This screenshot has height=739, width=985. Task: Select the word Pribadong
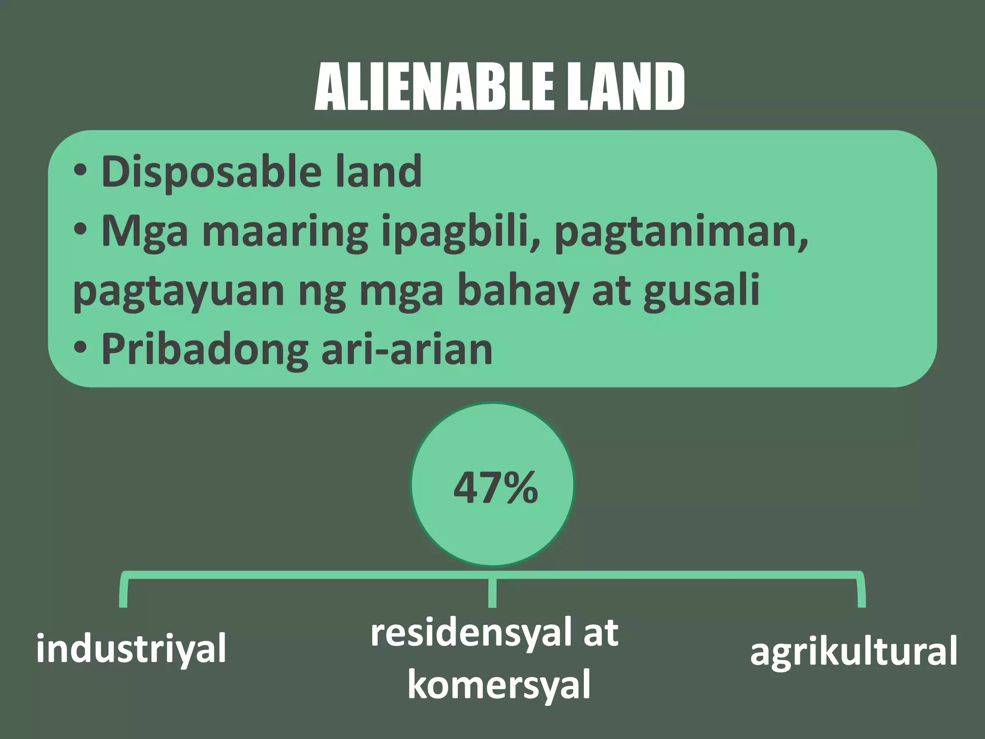pyautogui.click(x=204, y=351)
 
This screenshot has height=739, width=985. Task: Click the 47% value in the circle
pyautogui.click(x=495, y=488)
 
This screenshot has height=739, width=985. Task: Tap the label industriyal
pyautogui.click(x=131, y=649)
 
